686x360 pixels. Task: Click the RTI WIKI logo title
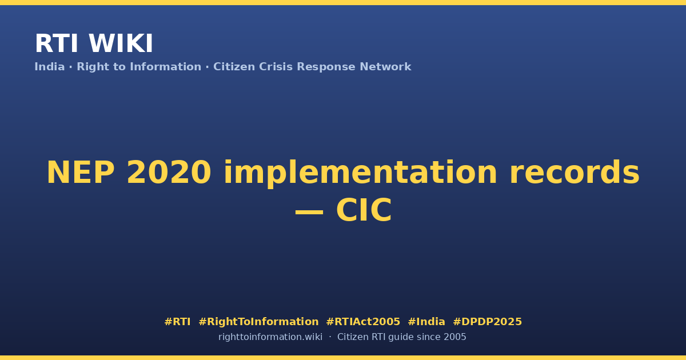coord(94,43)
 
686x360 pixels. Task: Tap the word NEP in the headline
coord(81,173)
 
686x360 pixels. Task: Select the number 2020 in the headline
coord(169,173)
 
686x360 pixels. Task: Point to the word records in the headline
coord(575,173)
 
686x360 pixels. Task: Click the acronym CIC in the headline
coord(364,210)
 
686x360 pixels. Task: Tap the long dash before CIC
coord(309,211)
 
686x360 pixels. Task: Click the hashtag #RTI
coord(177,322)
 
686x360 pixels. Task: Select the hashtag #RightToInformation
coord(258,322)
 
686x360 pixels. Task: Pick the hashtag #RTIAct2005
coord(363,322)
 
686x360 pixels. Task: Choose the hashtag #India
coord(426,322)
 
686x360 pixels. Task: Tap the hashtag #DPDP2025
coord(487,322)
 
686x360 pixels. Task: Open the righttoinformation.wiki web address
coord(270,337)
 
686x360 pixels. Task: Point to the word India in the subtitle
coord(50,67)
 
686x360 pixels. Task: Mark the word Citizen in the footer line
coord(353,337)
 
